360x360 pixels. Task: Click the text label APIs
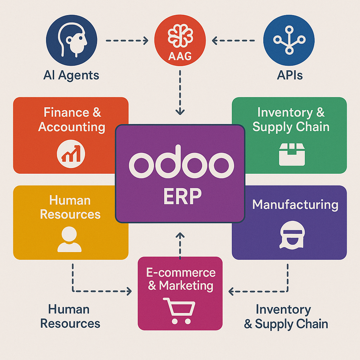click(x=290, y=75)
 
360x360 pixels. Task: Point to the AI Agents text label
click(x=71, y=75)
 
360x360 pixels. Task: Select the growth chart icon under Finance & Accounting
click(x=71, y=153)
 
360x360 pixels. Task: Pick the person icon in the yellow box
click(x=70, y=239)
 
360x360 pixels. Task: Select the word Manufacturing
click(x=295, y=205)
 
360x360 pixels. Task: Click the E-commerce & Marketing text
click(x=181, y=279)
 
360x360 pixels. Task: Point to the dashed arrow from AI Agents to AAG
click(x=127, y=41)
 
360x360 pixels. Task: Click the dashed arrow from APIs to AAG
click(x=233, y=41)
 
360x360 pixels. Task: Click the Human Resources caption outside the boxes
click(x=70, y=316)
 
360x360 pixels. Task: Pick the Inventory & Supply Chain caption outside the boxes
click(x=286, y=316)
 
